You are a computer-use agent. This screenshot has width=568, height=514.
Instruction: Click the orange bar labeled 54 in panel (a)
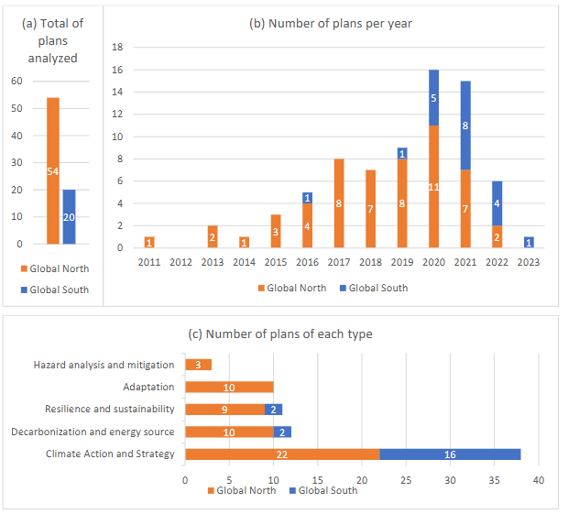coord(53,170)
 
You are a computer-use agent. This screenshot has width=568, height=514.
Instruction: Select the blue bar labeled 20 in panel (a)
coord(69,217)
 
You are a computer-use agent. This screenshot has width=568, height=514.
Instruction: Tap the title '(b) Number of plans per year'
coord(331,23)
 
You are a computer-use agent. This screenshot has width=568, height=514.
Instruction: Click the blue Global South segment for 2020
coord(432,97)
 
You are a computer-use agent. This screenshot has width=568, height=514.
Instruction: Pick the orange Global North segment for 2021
coord(466,208)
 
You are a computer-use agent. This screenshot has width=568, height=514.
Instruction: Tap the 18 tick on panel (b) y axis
coord(116,47)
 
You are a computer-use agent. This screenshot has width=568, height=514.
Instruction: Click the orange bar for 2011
coord(149,242)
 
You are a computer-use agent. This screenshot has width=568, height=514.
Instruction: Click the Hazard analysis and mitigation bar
coord(198,364)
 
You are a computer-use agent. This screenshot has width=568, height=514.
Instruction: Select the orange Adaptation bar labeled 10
coord(229,387)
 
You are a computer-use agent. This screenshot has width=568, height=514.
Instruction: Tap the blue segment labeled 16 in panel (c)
coord(450,454)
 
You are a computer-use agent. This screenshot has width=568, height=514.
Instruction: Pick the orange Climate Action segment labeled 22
coord(282,454)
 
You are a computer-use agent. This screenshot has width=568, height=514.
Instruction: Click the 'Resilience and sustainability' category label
coord(109,409)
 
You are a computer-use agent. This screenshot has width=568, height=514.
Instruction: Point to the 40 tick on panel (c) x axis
coord(539,479)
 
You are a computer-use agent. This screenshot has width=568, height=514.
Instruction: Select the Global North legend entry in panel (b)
coord(289,288)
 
